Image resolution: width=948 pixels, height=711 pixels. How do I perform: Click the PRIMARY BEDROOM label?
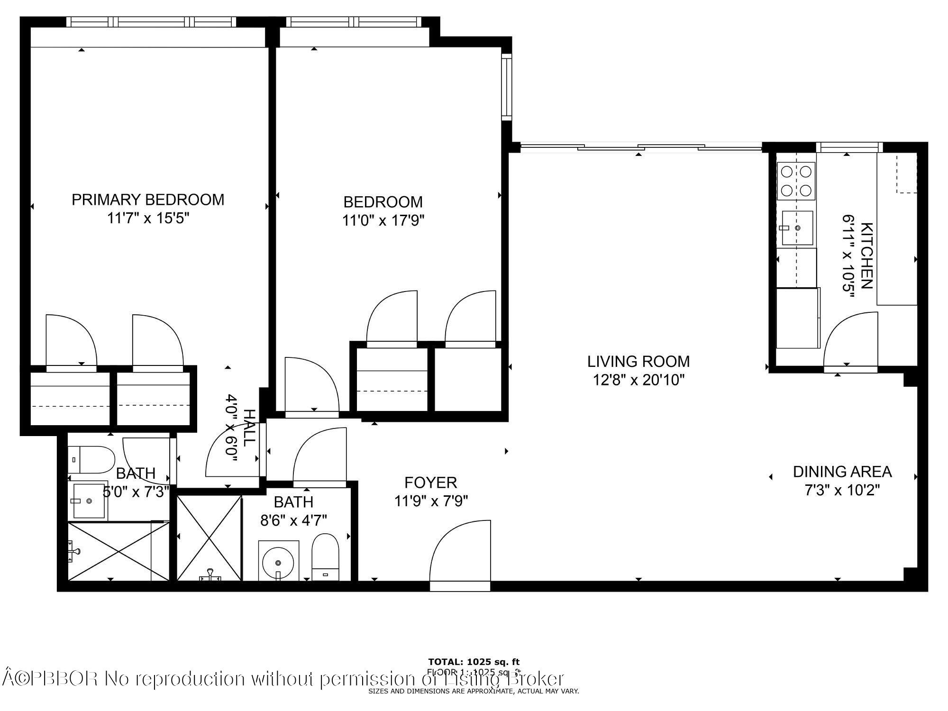pyautogui.click(x=148, y=200)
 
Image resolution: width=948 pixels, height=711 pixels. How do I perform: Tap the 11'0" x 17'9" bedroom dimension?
pyautogui.click(x=383, y=220)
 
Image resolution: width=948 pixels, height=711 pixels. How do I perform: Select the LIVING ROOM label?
pyautogui.click(x=638, y=362)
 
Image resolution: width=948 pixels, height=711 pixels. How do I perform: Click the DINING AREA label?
pyautogui.click(x=842, y=472)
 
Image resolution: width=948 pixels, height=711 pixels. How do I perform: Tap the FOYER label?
pyautogui.click(x=430, y=483)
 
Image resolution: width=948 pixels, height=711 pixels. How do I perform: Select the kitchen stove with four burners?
pyautogui.click(x=796, y=181)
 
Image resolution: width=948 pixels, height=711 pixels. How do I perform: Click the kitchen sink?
pyautogui.click(x=797, y=228)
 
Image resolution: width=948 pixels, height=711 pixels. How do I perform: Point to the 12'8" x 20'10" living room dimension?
pyautogui.click(x=638, y=380)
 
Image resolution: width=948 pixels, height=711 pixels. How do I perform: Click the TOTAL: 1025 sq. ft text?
pyautogui.click(x=474, y=662)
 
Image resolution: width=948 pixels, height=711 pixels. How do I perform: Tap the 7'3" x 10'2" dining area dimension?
pyautogui.click(x=842, y=490)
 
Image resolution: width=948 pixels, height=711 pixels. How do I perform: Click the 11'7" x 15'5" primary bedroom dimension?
pyautogui.click(x=148, y=219)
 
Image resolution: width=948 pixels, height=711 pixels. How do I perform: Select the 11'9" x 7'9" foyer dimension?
pyautogui.click(x=431, y=501)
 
